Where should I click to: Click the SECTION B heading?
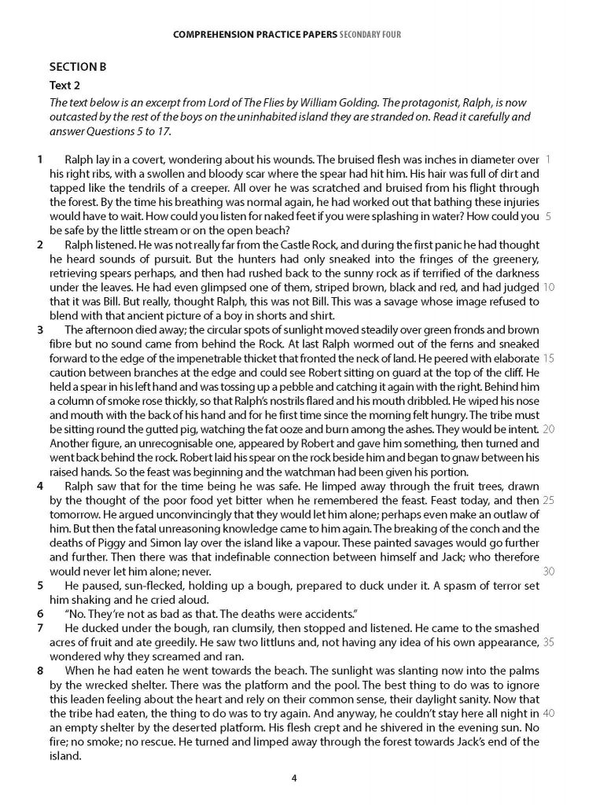click(x=77, y=67)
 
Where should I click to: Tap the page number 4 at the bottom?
click(x=294, y=779)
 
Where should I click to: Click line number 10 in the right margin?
click(x=548, y=287)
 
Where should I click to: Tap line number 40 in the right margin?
click(x=548, y=713)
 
